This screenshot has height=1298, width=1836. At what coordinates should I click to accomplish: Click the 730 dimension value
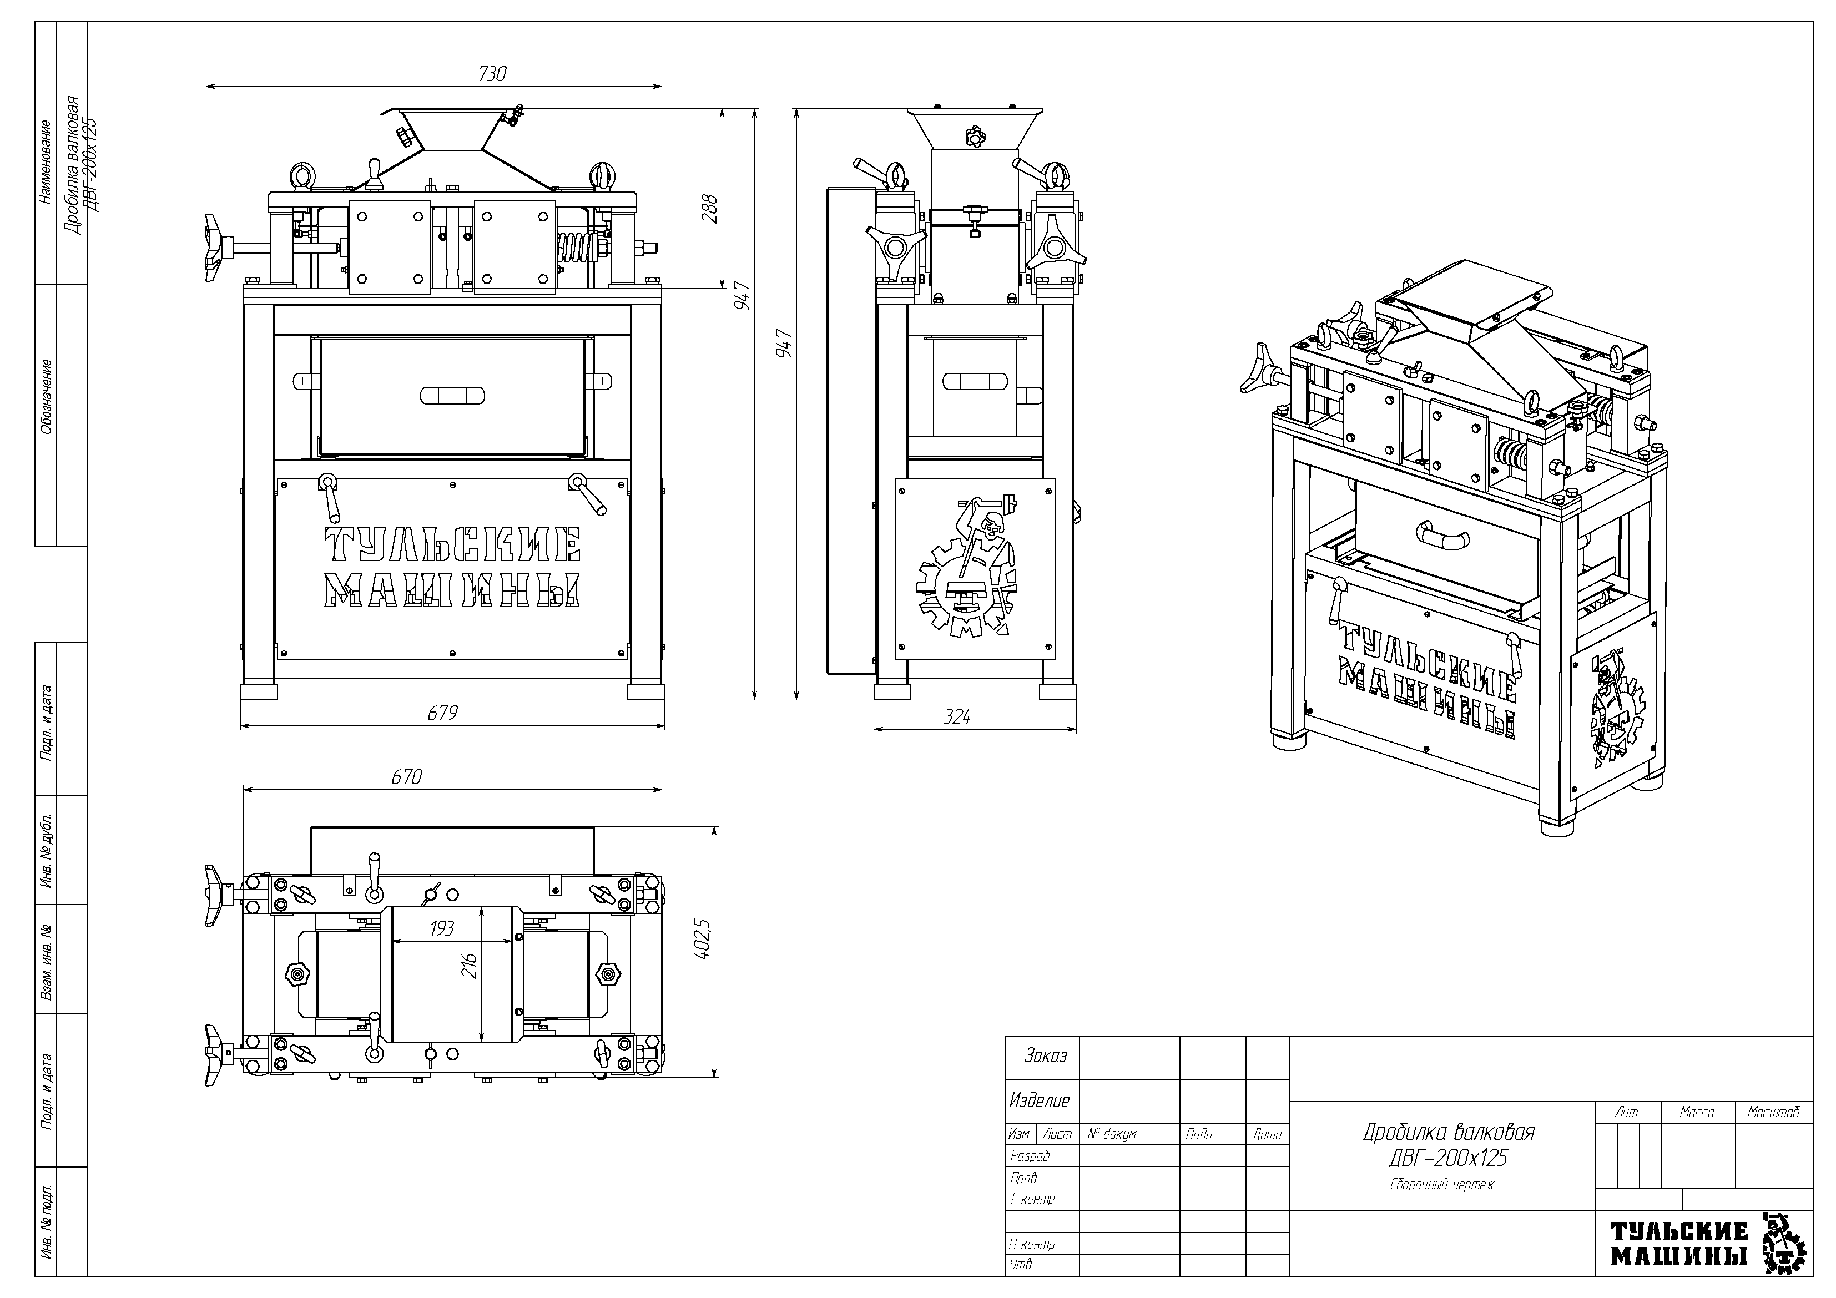(x=492, y=74)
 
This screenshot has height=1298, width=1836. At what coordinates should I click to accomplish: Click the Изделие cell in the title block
(x=1039, y=1100)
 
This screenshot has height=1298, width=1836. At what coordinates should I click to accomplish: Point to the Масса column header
(x=1696, y=1113)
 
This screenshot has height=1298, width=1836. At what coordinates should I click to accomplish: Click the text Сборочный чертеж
(x=1441, y=1184)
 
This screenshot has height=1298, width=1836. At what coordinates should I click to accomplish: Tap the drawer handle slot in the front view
(x=452, y=396)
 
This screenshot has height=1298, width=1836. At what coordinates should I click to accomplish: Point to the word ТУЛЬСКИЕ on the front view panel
(x=452, y=546)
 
